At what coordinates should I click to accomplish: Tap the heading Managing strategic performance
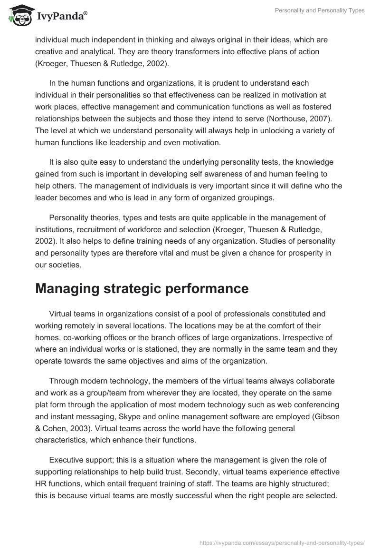click(x=142, y=288)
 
